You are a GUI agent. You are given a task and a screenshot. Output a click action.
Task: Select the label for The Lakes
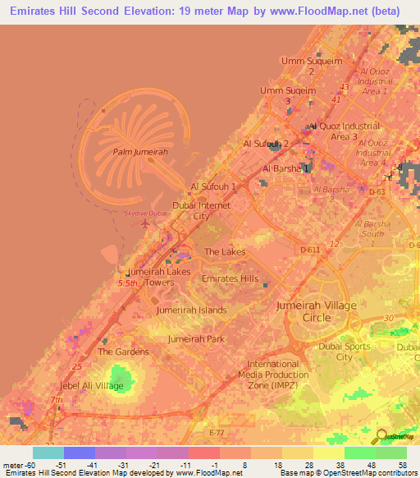(224, 252)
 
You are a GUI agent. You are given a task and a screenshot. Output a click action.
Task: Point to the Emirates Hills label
(230, 278)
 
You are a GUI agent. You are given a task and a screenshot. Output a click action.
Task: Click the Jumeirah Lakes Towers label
(159, 277)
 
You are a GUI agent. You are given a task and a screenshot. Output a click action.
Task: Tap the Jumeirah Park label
(196, 338)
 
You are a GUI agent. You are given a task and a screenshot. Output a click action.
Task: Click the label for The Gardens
(123, 352)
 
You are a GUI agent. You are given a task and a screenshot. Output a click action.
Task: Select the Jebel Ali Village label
(92, 385)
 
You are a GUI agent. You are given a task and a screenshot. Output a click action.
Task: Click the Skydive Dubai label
(144, 213)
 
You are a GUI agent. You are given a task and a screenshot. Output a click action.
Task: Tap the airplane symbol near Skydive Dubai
(145, 223)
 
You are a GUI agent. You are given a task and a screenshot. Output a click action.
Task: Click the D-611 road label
(309, 248)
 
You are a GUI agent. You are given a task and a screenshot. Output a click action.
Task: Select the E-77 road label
(217, 431)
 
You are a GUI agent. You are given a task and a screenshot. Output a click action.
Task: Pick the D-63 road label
(377, 192)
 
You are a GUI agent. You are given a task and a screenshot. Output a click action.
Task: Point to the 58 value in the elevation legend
(402, 464)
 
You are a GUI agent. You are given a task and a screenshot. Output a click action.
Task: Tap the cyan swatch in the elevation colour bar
(48, 453)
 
